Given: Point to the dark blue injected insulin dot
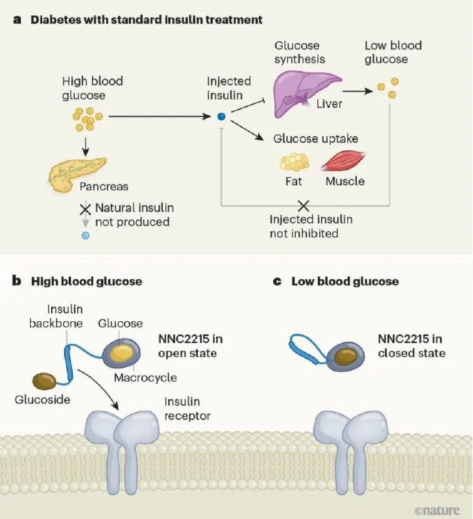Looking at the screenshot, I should [x=221, y=117].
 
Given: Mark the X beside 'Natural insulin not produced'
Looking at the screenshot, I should [x=85, y=209].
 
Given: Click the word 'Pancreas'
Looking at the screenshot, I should [x=104, y=186].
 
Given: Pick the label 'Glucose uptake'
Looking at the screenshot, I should [x=315, y=139].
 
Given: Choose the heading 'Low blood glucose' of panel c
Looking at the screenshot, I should [x=345, y=282].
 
